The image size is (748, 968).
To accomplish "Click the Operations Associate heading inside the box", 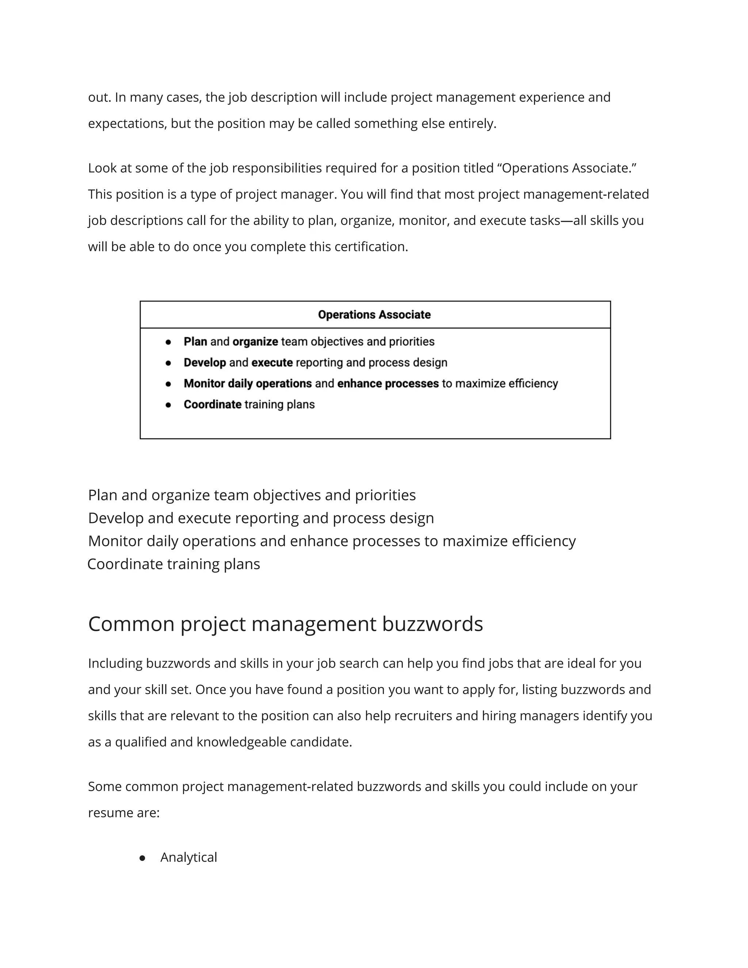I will click(x=374, y=315).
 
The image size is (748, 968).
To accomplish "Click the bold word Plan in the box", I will click(x=195, y=342).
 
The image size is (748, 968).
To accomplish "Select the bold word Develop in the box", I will click(x=205, y=363).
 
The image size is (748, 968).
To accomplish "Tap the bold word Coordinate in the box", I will click(x=212, y=404).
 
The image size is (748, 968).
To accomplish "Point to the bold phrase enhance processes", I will click(x=388, y=384).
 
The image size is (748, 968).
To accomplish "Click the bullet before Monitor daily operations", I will click(x=168, y=384).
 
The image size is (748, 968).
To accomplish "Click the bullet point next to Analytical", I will click(x=142, y=858).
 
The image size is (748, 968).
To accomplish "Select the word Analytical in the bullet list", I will click(x=189, y=857).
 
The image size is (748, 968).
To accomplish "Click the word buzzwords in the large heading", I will click(x=432, y=624).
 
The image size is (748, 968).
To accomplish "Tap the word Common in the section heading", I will click(x=131, y=624).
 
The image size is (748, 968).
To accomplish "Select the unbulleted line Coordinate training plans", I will click(x=174, y=564).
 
